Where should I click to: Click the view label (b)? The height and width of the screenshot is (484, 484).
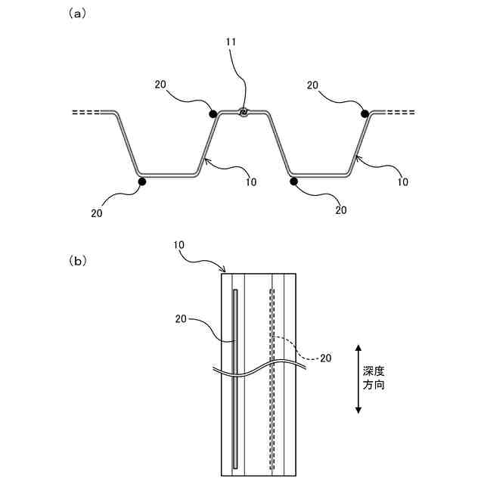tap(78, 261)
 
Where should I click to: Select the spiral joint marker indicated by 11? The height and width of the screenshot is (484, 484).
tap(244, 113)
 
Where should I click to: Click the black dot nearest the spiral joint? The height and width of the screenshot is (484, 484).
tap(213, 114)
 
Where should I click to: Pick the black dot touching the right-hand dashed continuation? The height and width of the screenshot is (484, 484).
tap(365, 113)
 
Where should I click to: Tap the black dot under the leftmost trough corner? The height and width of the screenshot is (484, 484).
tap(141, 181)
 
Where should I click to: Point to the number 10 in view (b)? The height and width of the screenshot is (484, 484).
tap(179, 247)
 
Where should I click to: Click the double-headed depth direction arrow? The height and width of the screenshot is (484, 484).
tap(358, 378)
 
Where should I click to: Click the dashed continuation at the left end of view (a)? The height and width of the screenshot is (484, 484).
tap(85, 113)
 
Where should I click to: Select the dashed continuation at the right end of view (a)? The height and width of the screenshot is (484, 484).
tap(400, 113)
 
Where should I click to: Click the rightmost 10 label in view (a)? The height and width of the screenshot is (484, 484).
tap(402, 181)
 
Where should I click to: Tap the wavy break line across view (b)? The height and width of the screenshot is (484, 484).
tap(257, 370)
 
